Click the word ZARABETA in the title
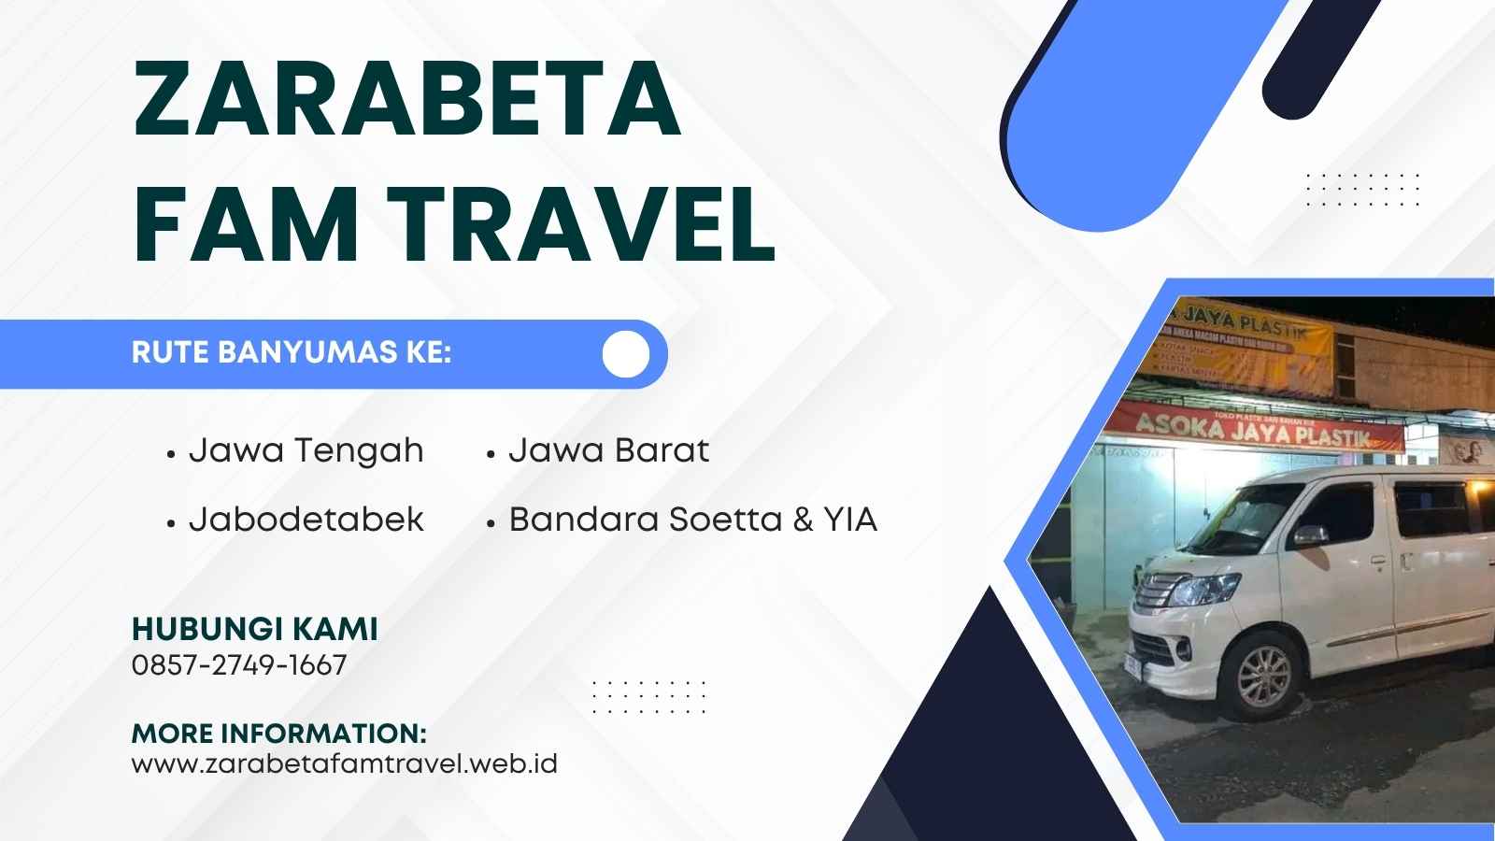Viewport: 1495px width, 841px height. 407,98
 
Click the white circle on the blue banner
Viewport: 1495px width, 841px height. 626,353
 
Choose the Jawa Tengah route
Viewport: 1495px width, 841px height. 306,451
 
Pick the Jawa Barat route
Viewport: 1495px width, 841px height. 608,451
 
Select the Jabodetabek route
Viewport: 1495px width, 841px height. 306,520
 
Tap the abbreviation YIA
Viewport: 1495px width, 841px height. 850,520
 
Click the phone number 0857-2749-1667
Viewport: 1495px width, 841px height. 239,665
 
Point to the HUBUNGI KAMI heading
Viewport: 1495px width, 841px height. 254,629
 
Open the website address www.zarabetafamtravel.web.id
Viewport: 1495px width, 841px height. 345,763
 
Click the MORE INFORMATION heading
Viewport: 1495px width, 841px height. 279,733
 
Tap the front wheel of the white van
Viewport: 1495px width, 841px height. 1262,669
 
